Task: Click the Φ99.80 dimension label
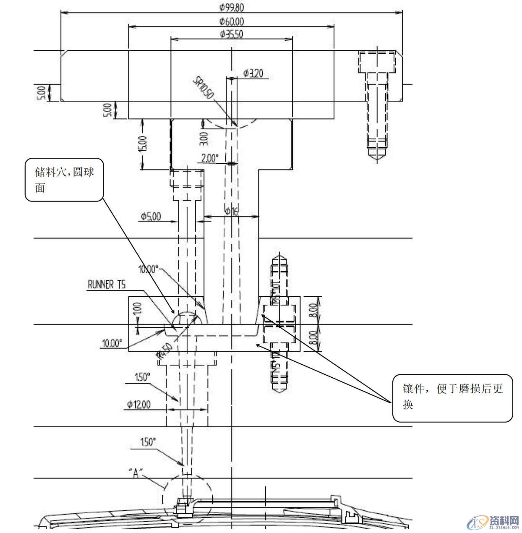tap(231, 7)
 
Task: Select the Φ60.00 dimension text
tap(231, 21)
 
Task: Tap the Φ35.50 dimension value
tap(231, 34)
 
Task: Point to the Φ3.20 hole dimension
tap(253, 73)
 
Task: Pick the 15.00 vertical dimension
tap(143, 144)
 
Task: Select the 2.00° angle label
tap(210, 158)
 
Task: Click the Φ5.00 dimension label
tap(151, 217)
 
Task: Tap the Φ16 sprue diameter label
tap(231, 212)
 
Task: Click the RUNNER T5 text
tap(106, 285)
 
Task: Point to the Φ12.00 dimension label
tap(139, 405)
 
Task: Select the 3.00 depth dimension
tap(204, 138)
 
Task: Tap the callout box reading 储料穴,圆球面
tap(64, 179)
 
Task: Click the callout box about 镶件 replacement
tap(452, 397)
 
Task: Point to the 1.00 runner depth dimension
tap(139, 311)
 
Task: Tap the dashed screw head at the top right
tap(376, 62)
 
